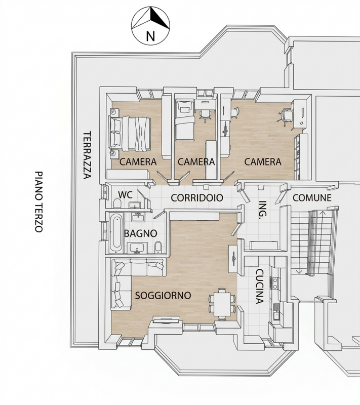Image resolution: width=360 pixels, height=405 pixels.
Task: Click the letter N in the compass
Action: tap(150, 36)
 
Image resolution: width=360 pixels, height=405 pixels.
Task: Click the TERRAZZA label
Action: tap(87, 155)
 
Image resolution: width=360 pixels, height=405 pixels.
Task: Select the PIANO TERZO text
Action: tap(39, 201)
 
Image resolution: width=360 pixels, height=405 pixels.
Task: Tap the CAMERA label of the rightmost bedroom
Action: tap(262, 162)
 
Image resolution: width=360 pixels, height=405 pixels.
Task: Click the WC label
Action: tap(125, 195)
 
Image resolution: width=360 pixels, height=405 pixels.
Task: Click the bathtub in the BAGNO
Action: tap(115, 232)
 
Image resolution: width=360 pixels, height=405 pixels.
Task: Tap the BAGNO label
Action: tap(140, 233)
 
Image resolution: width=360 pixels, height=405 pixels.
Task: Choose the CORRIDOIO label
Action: tap(196, 198)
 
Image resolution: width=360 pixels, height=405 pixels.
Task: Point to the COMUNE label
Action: tap(312, 198)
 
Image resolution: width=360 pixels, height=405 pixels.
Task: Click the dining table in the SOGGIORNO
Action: tap(222, 303)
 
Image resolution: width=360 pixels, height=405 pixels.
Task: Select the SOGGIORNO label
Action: tap(163, 296)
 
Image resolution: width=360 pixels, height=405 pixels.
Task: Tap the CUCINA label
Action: tap(259, 286)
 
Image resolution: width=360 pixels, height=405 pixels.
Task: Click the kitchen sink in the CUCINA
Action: tap(276, 315)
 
